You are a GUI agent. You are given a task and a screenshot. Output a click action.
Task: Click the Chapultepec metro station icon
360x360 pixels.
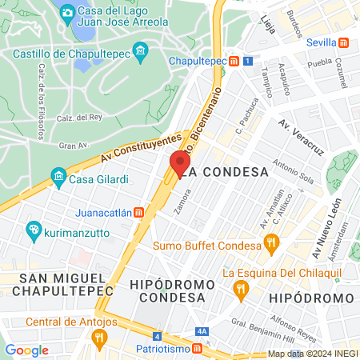[234, 61]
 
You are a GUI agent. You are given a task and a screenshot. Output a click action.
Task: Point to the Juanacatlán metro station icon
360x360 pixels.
[138, 213]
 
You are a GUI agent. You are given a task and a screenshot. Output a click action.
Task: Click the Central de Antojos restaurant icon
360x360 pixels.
[99, 338]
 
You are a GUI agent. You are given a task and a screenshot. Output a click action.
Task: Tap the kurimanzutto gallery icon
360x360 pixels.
[34, 230]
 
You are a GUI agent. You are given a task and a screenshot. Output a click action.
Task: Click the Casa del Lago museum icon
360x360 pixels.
[68, 12]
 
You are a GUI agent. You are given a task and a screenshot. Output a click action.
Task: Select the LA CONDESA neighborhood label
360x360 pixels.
[224, 172]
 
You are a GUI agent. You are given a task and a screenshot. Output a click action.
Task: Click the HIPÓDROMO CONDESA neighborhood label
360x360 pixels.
[172, 291]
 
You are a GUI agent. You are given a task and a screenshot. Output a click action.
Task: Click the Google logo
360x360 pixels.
[26, 350]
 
